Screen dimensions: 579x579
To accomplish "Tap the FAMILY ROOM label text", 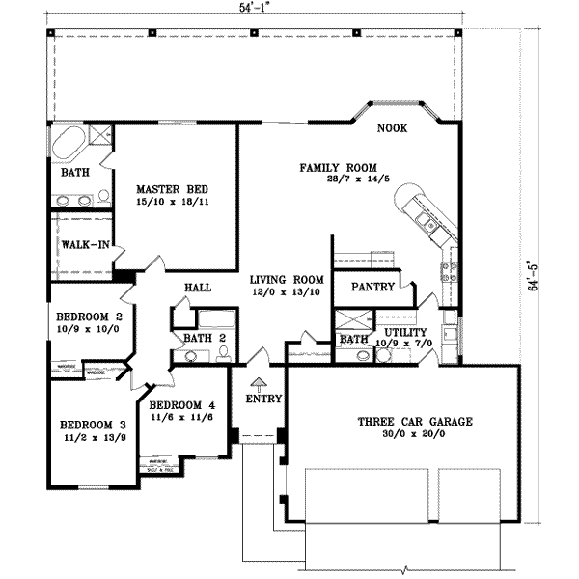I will click(337, 168).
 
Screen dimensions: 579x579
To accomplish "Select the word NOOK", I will click(391, 127).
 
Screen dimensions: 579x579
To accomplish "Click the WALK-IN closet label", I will click(83, 245).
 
